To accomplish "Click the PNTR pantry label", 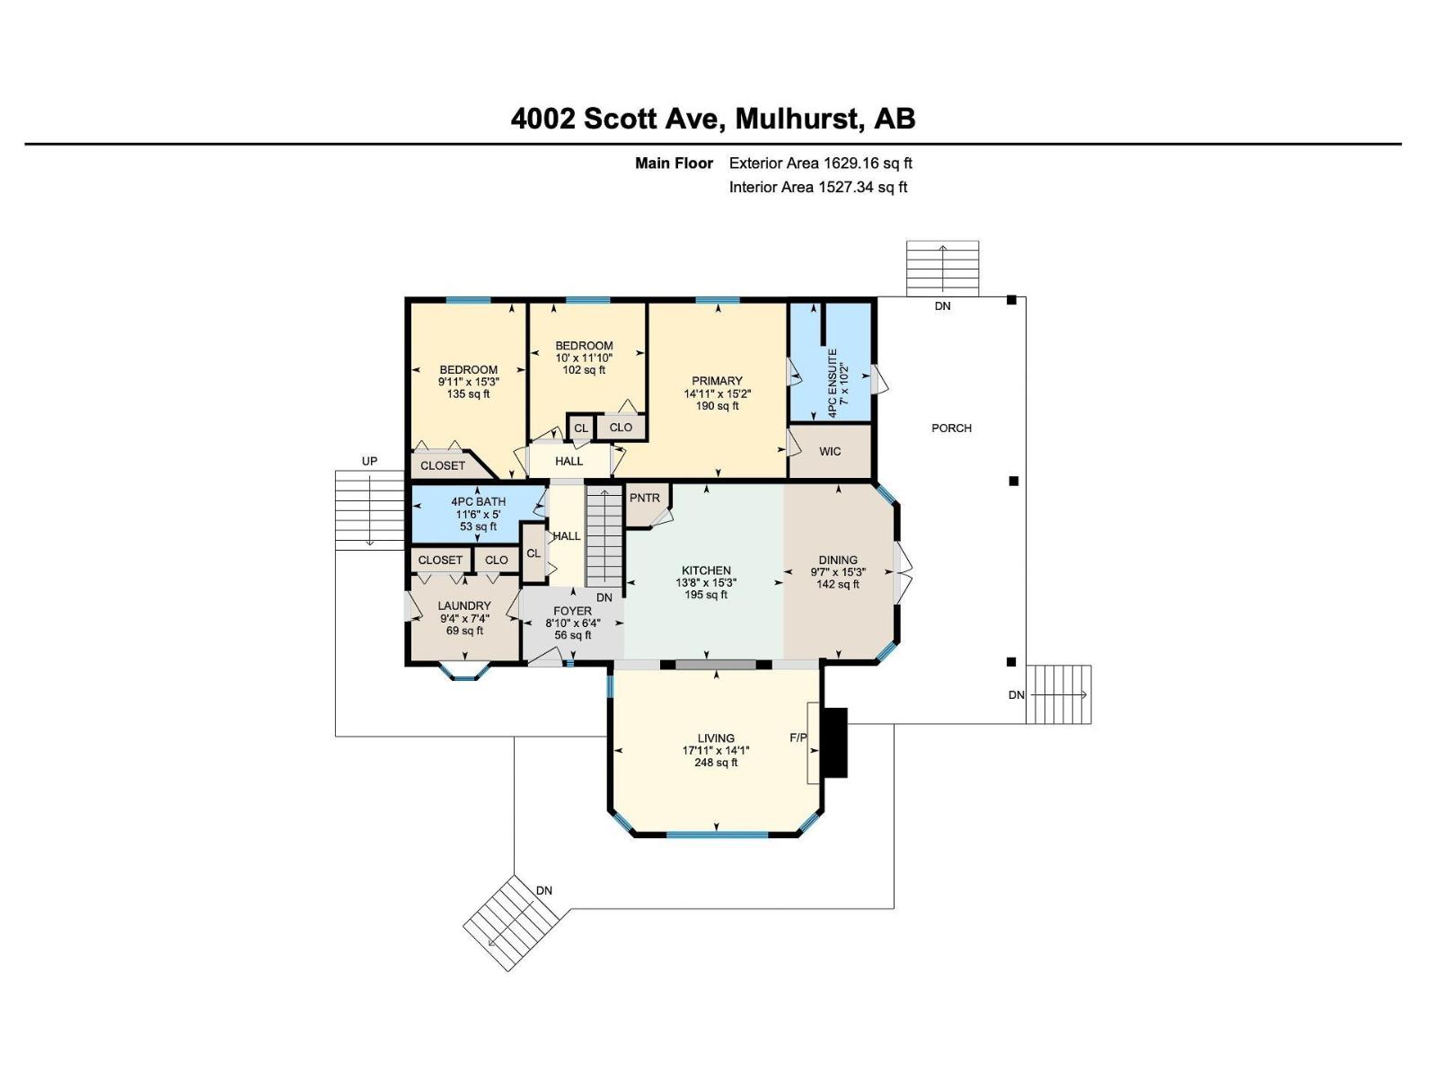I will (644, 498).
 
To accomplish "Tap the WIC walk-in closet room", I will (830, 451).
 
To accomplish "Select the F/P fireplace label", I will (798, 738).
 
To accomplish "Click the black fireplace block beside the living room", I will (835, 743).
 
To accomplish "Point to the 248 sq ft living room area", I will (715, 763).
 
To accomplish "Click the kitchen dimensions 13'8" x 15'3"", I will (706, 582).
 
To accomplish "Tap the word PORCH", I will (951, 428).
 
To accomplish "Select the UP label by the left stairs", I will (369, 461).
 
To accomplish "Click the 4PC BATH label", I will (478, 501).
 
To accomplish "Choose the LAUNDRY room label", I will (464, 605).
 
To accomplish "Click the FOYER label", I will (572, 611).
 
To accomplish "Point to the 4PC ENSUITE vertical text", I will (833, 384).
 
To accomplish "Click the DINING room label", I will (837, 560).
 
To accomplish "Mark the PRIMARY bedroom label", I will (717, 381).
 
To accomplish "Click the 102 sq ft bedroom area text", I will (583, 369).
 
